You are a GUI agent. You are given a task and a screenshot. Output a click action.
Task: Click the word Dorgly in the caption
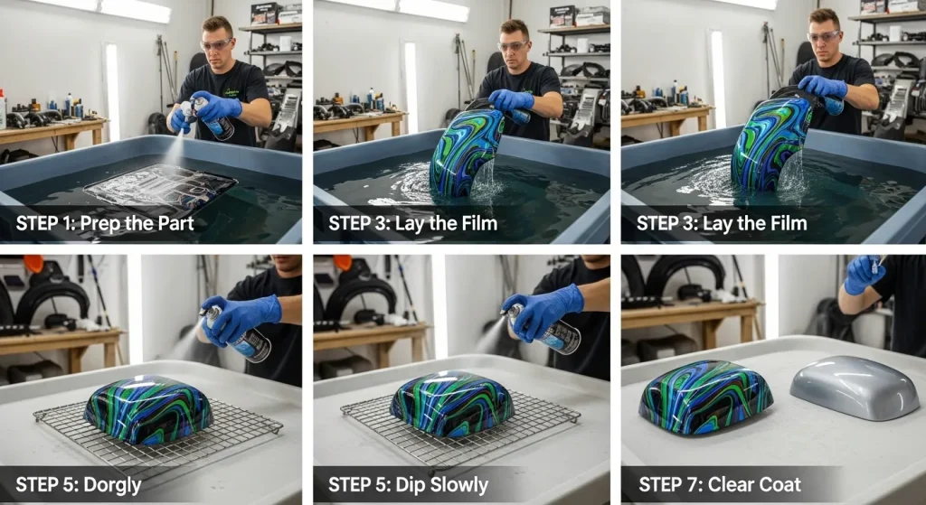(x=110, y=485)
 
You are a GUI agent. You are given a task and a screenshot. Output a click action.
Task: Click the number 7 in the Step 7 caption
(x=695, y=485)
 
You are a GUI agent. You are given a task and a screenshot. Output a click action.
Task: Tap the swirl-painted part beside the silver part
(x=705, y=397)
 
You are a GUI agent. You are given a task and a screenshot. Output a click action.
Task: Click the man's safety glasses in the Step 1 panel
(x=218, y=43)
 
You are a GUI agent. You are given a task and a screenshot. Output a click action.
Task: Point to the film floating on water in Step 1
(x=163, y=190)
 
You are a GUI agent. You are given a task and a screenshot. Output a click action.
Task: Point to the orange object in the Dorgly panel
(x=33, y=263)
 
